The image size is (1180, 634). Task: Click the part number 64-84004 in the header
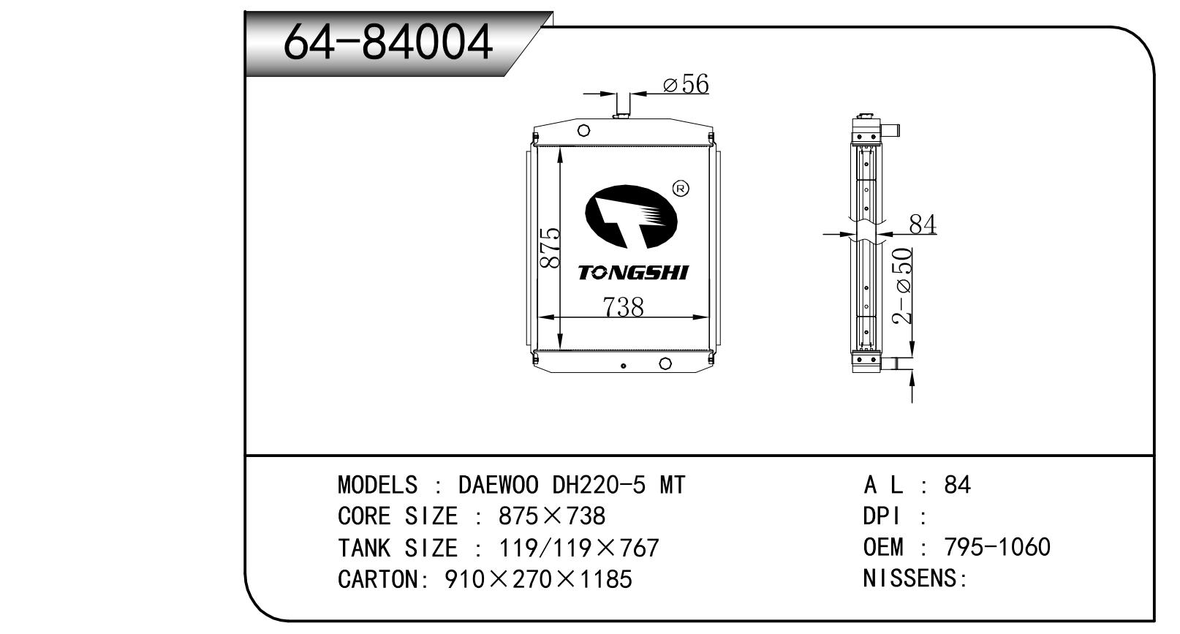click(387, 42)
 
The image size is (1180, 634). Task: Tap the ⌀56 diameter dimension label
click(686, 84)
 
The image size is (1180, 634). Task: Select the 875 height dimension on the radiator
click(551, 248)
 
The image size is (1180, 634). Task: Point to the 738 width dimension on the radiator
click(623, 306)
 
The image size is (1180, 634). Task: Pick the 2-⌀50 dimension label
click(902, 286)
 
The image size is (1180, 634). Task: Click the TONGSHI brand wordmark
click(633, 273)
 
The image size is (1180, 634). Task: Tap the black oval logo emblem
click(631, 216)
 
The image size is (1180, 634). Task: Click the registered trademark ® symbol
click(681, 189)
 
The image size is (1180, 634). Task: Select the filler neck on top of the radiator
click(623, 106)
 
